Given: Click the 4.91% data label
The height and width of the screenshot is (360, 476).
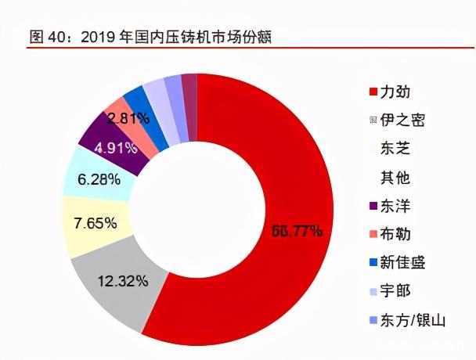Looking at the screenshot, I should tap(117, 146).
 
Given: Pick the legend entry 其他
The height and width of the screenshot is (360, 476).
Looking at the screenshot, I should tap(395, 178).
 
